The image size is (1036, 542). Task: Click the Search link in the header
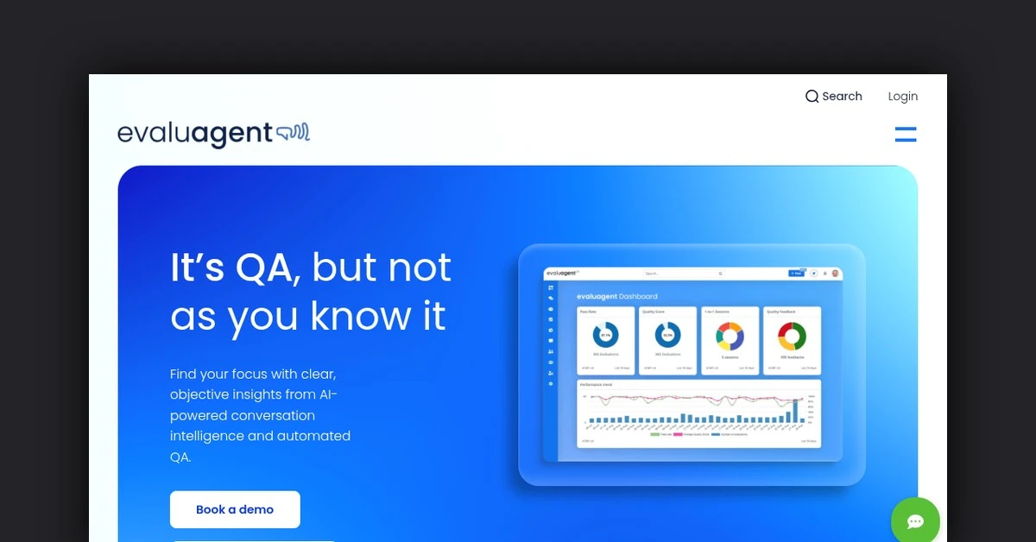(842, 97)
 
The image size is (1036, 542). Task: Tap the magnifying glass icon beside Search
(812, 97)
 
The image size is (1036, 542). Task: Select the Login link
(902, 97)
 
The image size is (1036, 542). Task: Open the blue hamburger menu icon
(905, 134)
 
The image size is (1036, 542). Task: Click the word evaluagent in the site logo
(195, 134)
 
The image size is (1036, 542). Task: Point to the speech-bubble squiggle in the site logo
(293, 133)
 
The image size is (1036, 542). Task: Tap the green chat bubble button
(915, 521)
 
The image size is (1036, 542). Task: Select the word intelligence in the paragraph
(206, 436)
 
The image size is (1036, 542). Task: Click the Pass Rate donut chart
(605, 335)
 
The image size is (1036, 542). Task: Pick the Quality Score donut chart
(667, 335)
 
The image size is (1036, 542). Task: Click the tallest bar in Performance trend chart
(795, 412)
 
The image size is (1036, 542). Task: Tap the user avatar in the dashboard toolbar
(835, 274)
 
